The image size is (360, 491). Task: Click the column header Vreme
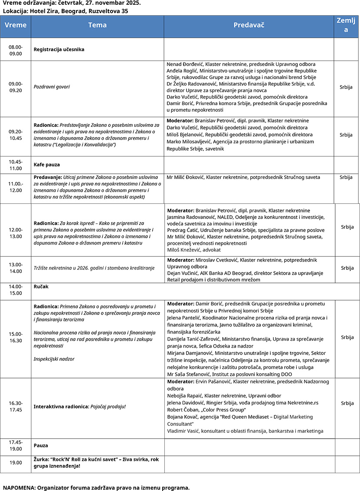[15, 25]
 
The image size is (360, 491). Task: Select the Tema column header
[97, 25]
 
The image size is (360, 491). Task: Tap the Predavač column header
[249, 25]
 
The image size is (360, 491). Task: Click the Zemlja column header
[347, 25]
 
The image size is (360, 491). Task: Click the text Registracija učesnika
[59, 50]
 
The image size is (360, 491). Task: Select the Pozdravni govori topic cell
[52, 87]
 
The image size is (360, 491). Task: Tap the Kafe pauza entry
[47, 165]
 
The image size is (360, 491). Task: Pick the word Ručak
[41, 287]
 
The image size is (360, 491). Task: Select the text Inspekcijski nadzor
[54, 359]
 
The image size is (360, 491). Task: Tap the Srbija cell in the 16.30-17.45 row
[347, 403]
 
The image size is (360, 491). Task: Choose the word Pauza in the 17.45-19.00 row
[41, 445]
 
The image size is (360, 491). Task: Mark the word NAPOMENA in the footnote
[19, 488]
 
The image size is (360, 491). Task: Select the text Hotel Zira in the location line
[43, 11]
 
